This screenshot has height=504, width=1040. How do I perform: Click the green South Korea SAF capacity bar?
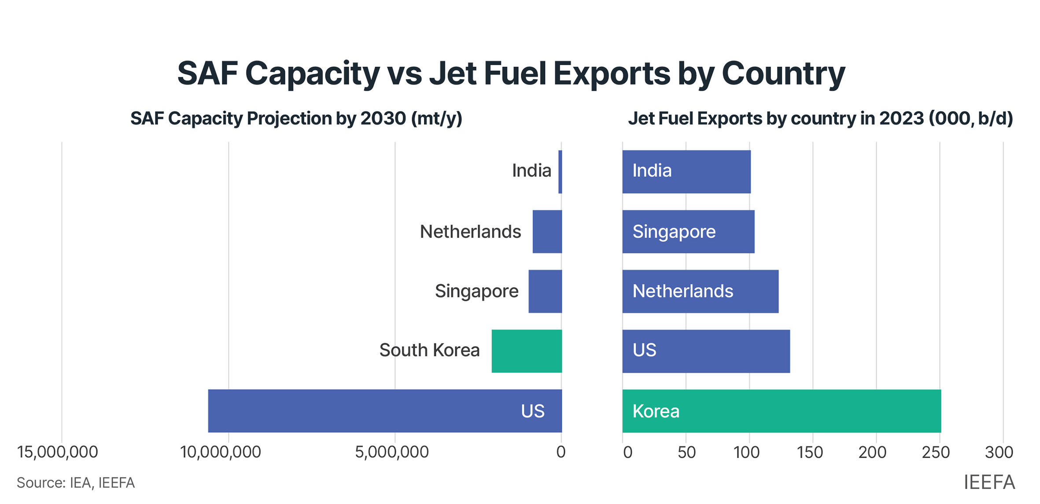point(527,351)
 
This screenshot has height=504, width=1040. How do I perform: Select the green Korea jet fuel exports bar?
point(782,411)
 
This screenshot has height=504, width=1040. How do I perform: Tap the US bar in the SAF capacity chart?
point(385,411)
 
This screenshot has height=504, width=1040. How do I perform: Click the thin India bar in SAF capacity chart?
point(560,172)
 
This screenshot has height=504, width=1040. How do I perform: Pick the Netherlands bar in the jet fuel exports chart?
point(700,291)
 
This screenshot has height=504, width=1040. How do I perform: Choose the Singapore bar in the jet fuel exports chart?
point(688,231)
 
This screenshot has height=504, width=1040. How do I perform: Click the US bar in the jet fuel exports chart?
point(706,351)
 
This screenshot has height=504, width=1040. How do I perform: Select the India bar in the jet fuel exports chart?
point(686,172)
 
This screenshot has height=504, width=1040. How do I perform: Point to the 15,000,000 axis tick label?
point(57,452)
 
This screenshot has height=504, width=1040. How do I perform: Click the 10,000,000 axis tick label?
point(221,452)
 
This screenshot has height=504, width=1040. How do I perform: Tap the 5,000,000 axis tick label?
point(391,452)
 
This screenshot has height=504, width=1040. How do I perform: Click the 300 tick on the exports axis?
point(999,452)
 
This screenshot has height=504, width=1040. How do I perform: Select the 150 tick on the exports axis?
point(810,452)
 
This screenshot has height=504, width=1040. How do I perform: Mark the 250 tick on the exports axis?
point(936,452)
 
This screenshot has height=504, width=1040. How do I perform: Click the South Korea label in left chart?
point(429,351)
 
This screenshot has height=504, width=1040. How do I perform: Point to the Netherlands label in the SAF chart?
point(470,232)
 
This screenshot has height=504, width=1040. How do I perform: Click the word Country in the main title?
point(783,73)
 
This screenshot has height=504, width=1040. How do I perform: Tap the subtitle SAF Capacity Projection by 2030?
point(296,118)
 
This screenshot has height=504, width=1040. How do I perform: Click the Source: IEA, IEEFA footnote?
point(76,483)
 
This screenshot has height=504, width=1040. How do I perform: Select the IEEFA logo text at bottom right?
point(989,482)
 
